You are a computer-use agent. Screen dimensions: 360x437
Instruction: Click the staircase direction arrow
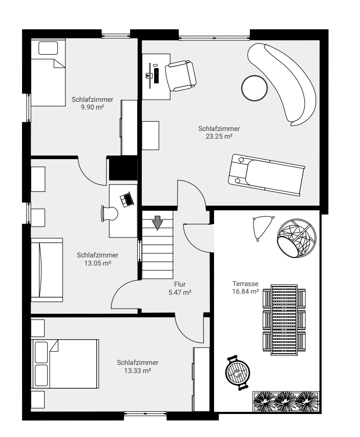click(158, 223)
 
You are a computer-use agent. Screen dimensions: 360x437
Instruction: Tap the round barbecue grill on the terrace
click(238, 373)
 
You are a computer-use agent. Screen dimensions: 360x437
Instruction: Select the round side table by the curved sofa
click(255, 88)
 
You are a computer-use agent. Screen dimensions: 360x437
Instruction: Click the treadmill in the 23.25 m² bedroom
click(266, 175)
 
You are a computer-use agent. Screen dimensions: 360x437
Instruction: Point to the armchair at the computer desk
click(181, 76)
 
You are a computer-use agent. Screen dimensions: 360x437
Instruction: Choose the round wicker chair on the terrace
click(297, 237)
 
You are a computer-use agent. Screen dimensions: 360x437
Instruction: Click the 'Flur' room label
click(180, 285)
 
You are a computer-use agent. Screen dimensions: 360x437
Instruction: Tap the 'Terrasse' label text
click(246, 283)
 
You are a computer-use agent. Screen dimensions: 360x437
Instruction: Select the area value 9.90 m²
click(92, 107)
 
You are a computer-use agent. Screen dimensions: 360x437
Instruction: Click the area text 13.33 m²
click(138, 370)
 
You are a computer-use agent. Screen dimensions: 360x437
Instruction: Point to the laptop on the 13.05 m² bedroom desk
click(127, 200)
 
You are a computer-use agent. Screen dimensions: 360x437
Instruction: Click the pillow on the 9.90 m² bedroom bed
click(48, 48)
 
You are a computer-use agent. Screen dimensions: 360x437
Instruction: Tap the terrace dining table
click(284, 320)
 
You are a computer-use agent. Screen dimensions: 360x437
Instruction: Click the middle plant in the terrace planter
click(285, 401)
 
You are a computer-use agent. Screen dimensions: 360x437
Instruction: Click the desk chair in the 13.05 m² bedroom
click(109, 214)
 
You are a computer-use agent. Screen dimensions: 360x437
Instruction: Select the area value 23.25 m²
click(219, 137)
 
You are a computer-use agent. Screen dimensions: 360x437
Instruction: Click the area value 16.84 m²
click(246, 292)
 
